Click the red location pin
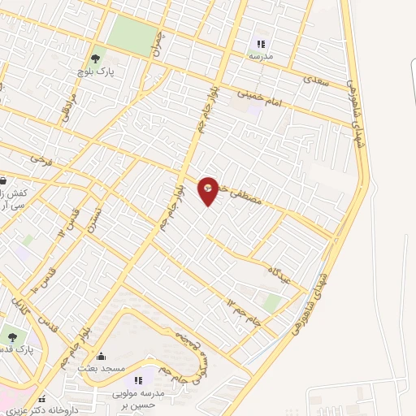click(x=209, y=190)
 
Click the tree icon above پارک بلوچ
click(x=95, y=58)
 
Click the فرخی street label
click(x=41, y=161)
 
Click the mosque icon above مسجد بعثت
click(x=102, y=356)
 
